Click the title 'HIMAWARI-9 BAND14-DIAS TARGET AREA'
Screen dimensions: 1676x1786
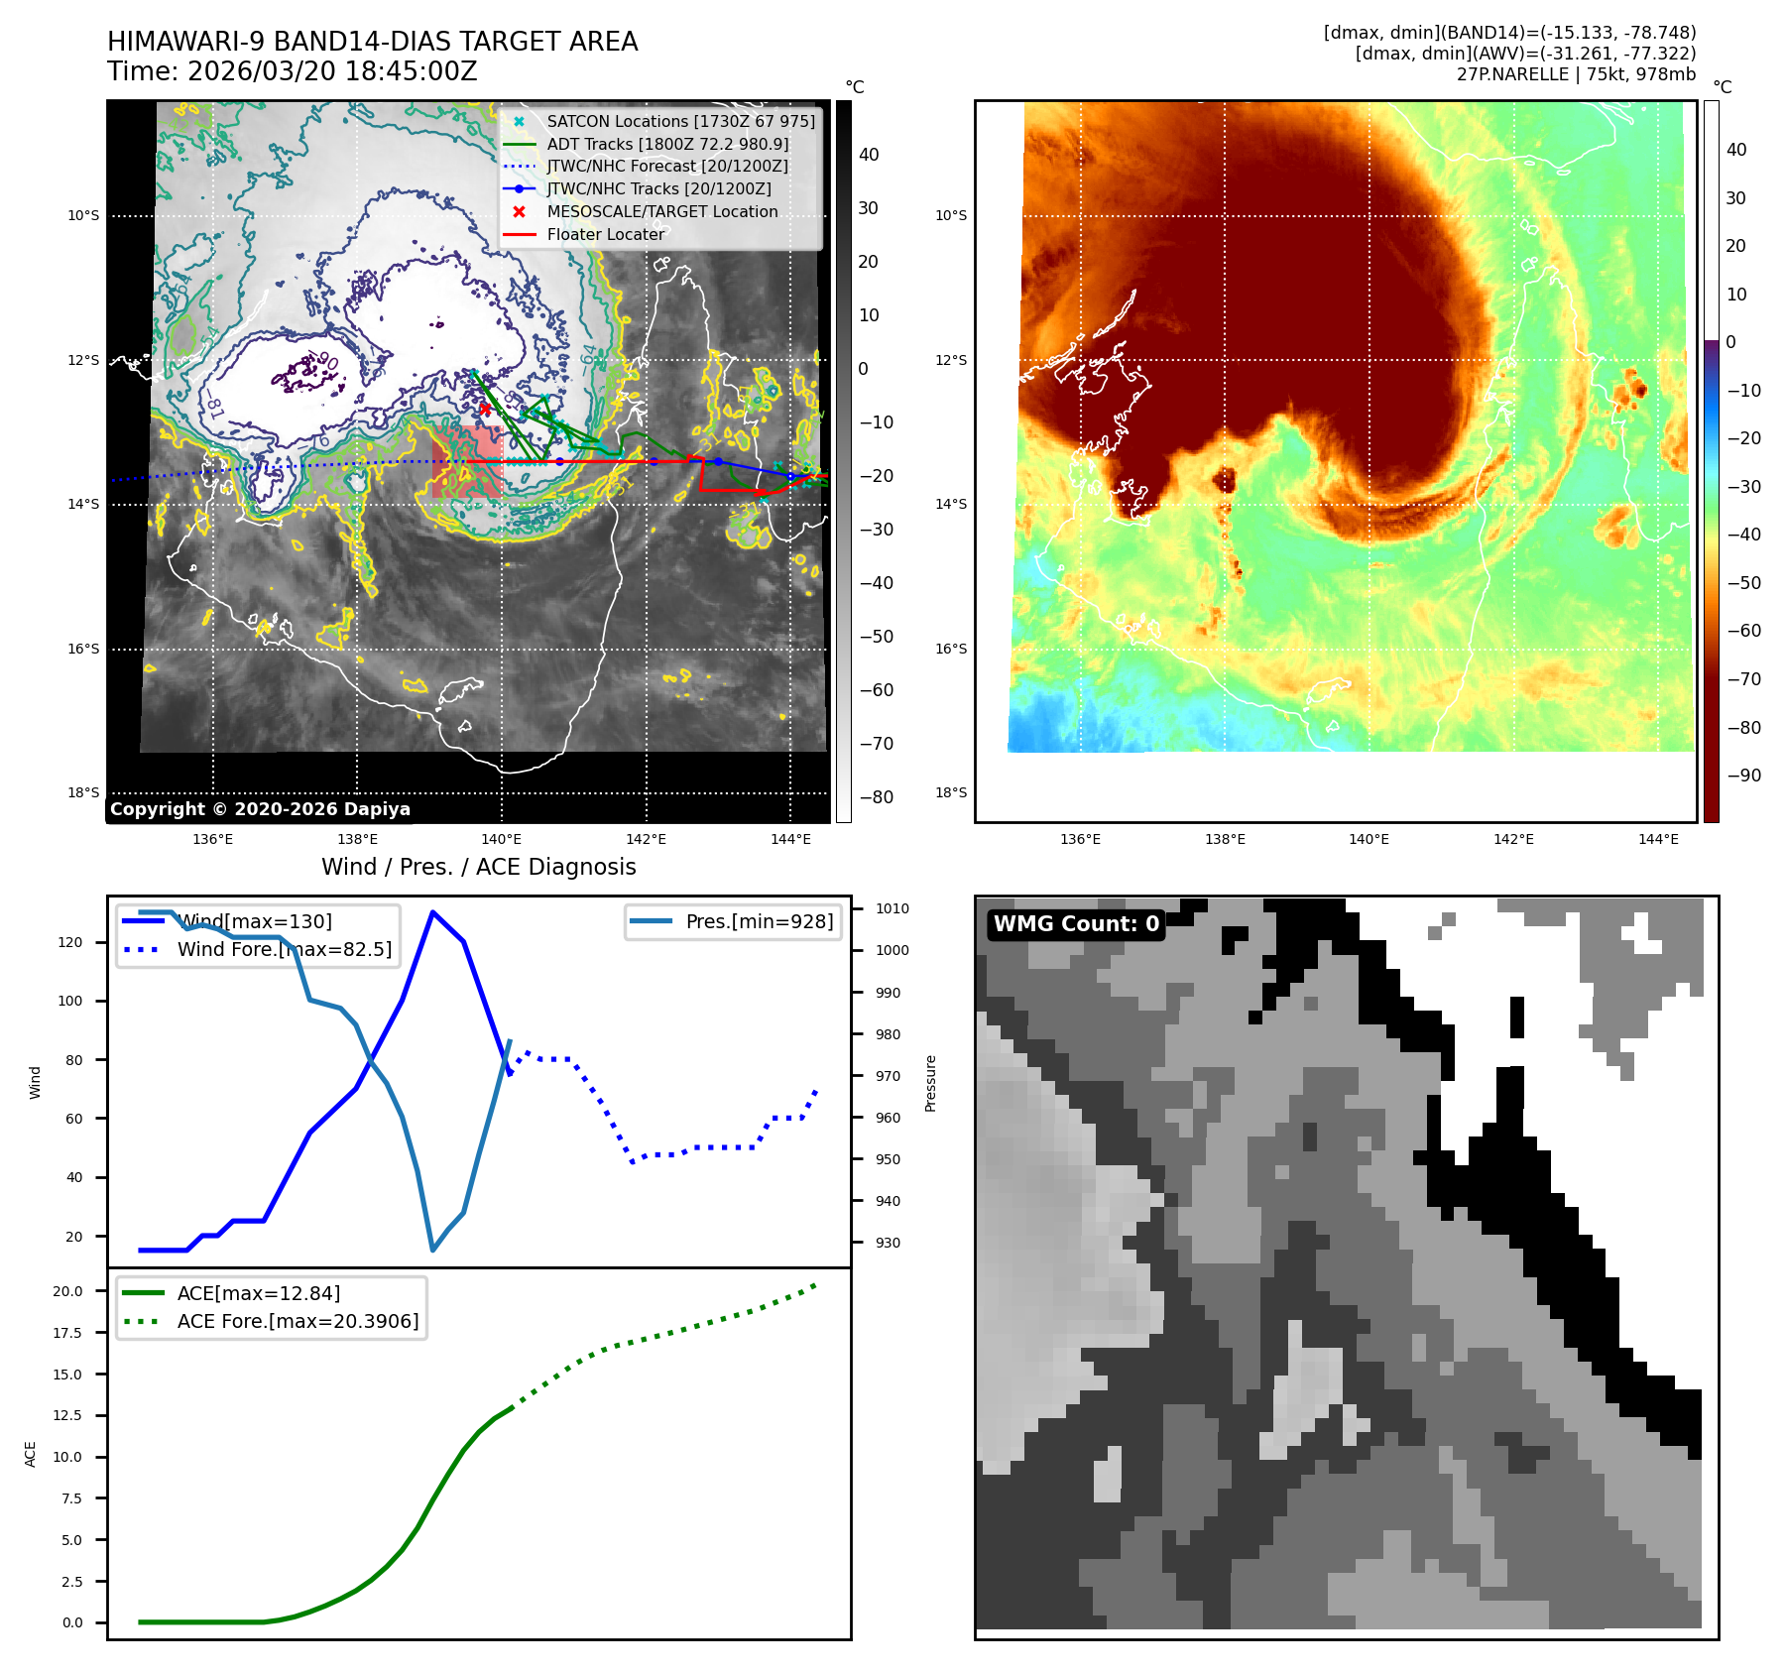point(372,42)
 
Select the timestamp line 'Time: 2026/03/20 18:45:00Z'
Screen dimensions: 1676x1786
point(293,71)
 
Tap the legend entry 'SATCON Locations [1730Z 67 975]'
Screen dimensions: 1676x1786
point(680,121)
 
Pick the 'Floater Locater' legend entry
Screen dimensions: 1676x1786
point(605,234)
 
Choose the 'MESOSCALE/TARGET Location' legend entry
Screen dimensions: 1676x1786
point(661,211)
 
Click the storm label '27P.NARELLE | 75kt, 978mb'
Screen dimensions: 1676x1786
point(1576,74)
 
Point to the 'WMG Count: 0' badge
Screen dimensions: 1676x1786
point(1076,924)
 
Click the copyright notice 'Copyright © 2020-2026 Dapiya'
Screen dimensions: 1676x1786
point(260,809)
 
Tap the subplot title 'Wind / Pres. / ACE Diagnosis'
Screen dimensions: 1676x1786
point(478,867)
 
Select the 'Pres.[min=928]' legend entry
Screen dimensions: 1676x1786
point(759,921)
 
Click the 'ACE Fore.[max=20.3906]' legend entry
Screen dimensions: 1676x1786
point(298,1321)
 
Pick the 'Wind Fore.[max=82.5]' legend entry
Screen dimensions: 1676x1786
point(284,949)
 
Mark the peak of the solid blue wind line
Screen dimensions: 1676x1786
point(432,911)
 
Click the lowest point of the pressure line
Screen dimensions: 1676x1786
point(433,1250)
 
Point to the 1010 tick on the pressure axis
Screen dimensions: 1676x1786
point(892,908)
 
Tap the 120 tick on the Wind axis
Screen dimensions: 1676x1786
point(70,942)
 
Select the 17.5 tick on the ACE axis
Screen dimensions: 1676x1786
point(67,1333)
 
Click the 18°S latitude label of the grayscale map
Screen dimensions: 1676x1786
point(83,792)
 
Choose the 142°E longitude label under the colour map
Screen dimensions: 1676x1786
point(1513,839)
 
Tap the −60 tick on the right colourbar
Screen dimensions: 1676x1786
point(1743,631)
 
